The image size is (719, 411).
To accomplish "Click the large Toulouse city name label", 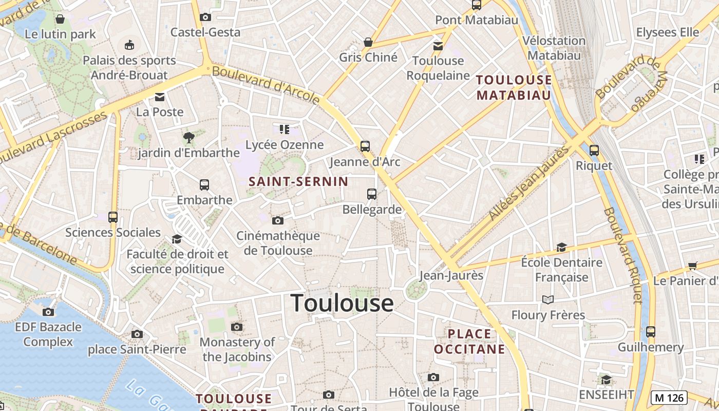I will click(342, 303).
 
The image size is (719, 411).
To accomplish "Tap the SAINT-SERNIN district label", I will click(298, 181).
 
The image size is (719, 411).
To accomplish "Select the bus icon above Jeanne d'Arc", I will click(365, 146).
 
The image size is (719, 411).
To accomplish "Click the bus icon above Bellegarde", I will click(372, 194).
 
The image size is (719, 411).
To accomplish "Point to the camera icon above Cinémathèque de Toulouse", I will click(278, 221).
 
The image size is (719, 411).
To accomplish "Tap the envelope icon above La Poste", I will click(160, 97).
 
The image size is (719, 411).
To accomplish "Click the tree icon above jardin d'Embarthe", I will click(189, 137).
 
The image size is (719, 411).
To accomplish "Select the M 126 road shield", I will click(669, 397).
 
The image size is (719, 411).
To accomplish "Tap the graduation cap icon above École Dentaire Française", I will click(561, 247).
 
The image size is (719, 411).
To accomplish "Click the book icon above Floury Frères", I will click(548, 300).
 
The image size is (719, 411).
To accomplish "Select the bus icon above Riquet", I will click(594, 151).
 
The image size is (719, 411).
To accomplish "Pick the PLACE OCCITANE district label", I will click(469, 342).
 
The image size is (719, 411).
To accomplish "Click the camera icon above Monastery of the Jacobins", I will click(237, 327).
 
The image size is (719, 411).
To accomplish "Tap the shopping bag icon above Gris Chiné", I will click(368, 42).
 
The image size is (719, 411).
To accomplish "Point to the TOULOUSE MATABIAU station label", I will click(514, 87).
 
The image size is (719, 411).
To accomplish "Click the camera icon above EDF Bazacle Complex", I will click(48, 312).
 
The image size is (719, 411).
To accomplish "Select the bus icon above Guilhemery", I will click(651, 332).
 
